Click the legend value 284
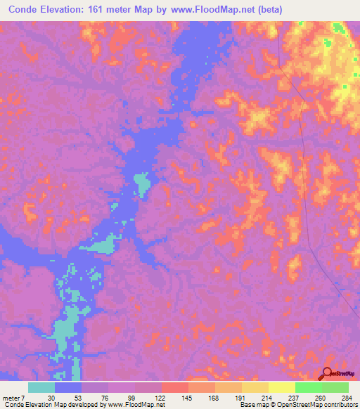348,396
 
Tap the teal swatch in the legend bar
41,387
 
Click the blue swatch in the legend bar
68,387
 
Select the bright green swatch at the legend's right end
335,387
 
